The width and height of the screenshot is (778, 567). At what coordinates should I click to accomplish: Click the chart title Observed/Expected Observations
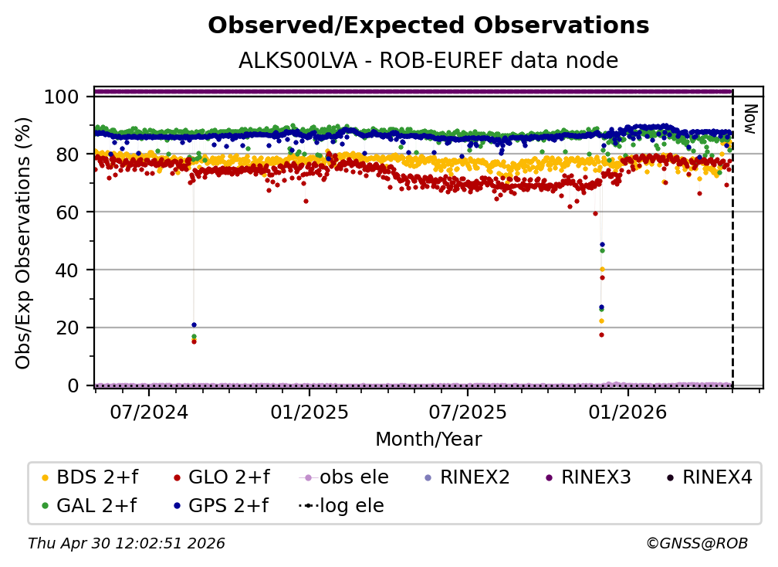click(428, 25)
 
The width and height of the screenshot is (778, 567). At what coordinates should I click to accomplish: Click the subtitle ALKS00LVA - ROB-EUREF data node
click(428, 60)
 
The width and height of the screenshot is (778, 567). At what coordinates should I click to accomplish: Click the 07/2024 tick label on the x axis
click(149, 412)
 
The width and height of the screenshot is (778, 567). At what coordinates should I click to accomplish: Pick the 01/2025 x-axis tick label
click(309, 412)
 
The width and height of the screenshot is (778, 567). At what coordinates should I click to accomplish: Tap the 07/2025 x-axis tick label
click(468, 412)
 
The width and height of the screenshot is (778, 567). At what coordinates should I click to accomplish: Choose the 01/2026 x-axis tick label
click(627, 412)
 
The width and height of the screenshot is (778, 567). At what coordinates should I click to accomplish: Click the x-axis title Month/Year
click(428, 439)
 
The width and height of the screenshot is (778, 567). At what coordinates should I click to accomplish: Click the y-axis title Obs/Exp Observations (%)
click(23, 243)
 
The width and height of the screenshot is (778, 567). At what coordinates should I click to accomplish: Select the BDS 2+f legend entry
click(90, 477)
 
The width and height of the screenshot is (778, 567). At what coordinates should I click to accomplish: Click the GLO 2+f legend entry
click(222, 477)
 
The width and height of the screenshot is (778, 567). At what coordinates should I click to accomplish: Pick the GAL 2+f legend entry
click(89, 505)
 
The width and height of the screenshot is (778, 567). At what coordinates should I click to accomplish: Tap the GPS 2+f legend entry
click(221, 505)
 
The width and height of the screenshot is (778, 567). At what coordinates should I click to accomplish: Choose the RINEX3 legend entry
click(588, 477)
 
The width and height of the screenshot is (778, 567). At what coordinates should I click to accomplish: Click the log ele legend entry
click(341, 505)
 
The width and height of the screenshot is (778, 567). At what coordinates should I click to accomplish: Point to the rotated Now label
click(750, 119)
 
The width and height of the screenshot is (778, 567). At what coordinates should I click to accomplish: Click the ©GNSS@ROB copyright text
click(697, 543)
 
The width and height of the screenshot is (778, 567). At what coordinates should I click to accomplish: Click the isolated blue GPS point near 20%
click(194, 324)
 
